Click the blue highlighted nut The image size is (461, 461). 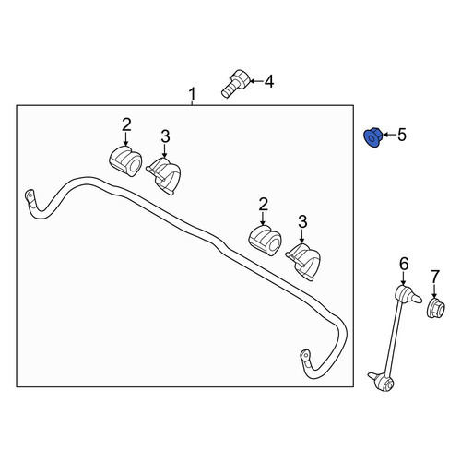tap(372, 137)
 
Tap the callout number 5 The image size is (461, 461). tap(402, 135)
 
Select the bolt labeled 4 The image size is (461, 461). tap(235, 84)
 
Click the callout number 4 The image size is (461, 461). tap(269, 82)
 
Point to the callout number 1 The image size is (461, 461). tap(192, 94)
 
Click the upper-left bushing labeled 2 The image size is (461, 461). tap(125, 160)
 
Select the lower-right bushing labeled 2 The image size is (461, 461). tap(265, 241)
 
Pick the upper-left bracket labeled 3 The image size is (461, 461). tap(164, 176)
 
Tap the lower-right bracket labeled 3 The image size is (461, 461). tap(303, 262)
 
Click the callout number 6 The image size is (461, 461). tap(404, 264)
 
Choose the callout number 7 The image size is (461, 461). tap(435, 277)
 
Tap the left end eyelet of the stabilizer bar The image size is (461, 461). tap(30, 197)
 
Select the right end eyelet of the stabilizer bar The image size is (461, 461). tap(305, 357)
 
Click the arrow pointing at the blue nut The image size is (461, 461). tap(389, 135)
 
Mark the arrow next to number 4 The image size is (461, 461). tap(256, 81)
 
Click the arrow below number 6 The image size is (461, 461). tap(403, 278)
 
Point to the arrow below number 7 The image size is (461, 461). tap(434, 290)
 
